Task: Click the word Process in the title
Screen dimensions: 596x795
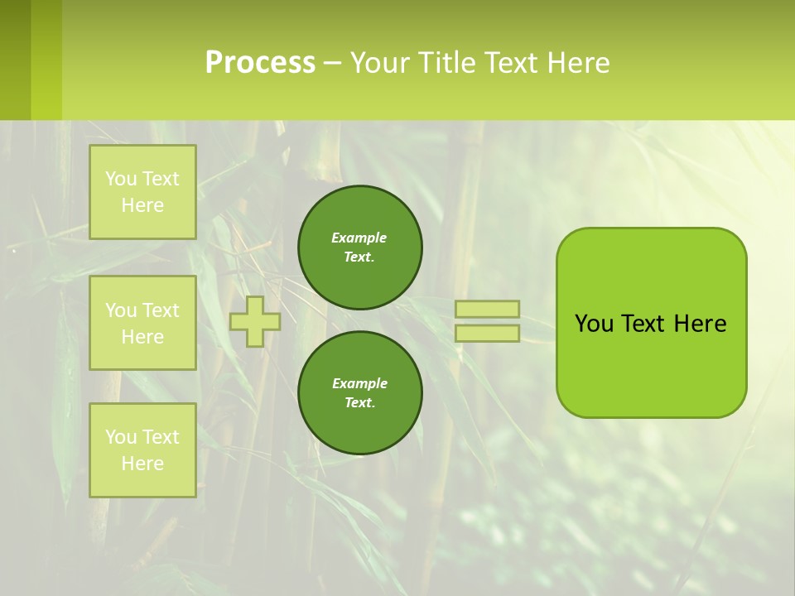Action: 260,63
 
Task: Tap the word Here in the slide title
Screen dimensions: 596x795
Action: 578,63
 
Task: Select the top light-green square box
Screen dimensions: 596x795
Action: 142,192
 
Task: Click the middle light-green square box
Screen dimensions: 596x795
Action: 142,323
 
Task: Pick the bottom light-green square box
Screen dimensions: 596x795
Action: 142,450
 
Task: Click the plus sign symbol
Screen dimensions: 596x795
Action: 255,321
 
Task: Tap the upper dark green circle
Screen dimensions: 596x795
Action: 360,248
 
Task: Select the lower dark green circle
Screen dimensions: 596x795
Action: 360,393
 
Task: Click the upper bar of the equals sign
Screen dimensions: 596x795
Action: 488,310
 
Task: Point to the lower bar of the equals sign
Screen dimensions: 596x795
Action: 488,334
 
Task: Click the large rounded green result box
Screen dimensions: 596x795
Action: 652,364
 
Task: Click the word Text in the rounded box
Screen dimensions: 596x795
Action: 643,324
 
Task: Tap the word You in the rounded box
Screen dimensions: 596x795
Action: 594,324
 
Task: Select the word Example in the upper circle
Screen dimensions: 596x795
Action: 359,238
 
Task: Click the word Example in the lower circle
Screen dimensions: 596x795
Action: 359,383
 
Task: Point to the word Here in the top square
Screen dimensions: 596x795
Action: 142,205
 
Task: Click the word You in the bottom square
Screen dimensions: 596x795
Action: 121,437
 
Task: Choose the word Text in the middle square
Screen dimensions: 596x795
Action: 160,310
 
